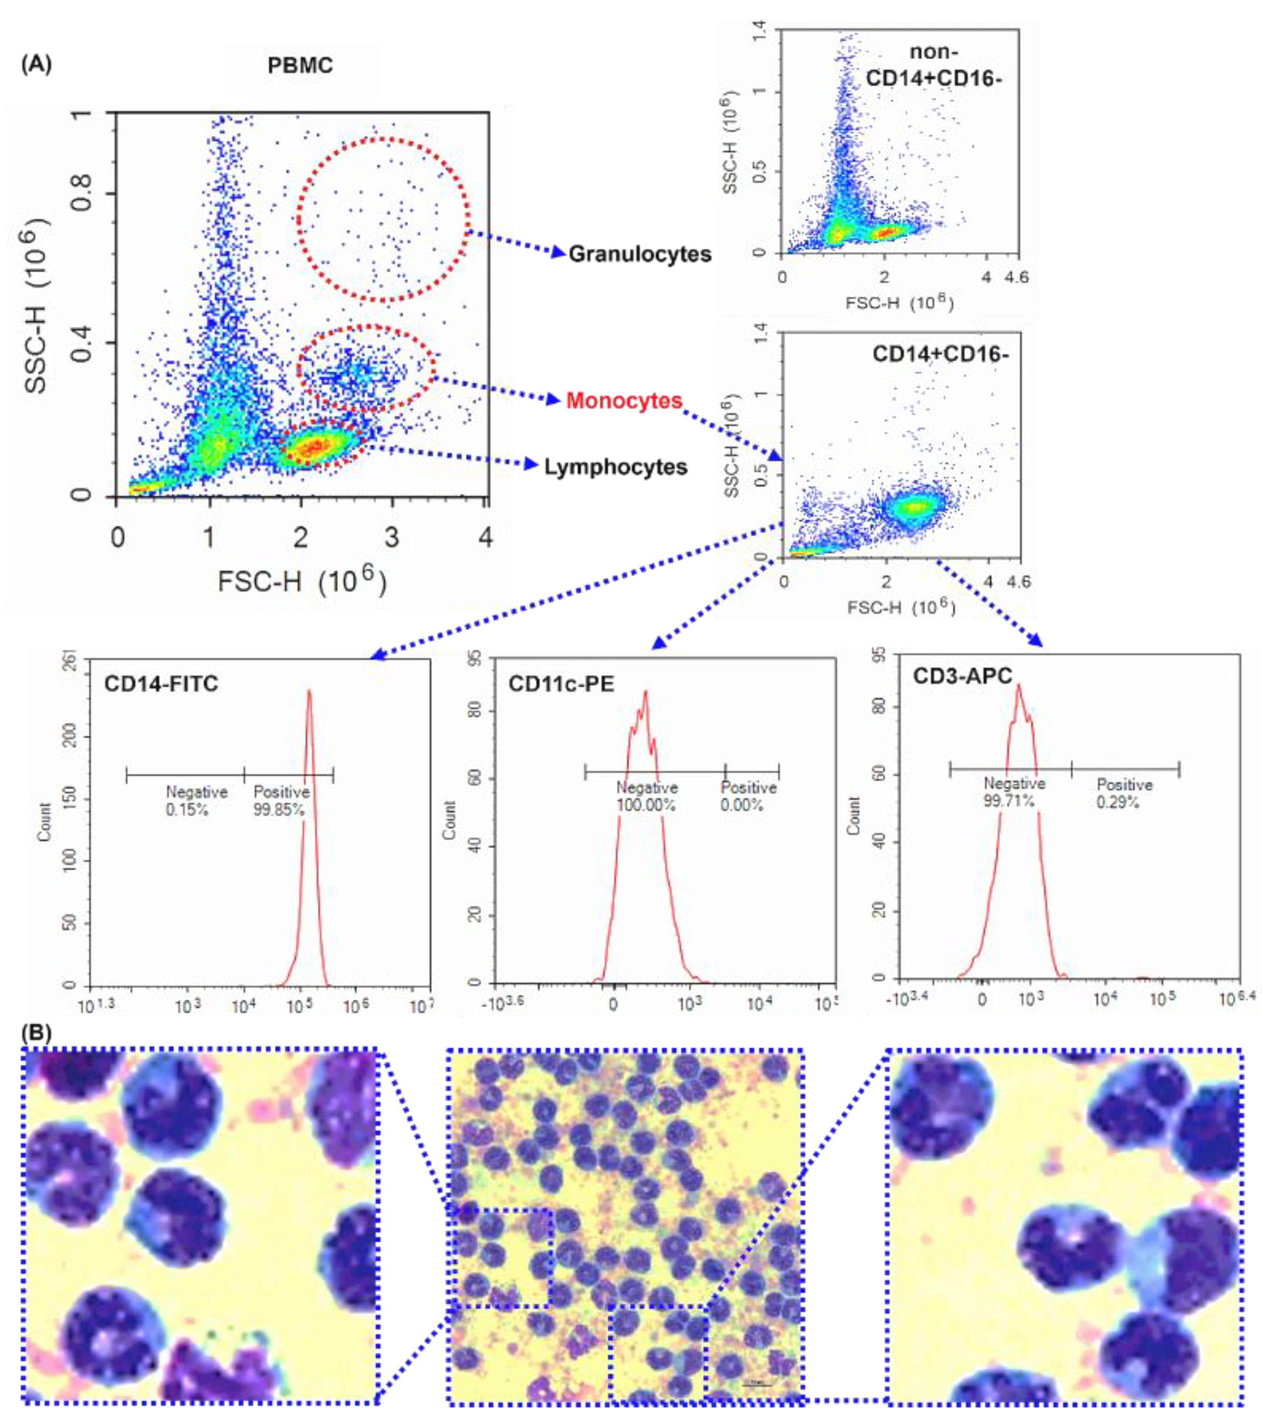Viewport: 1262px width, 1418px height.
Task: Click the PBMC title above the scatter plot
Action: pyautogui.click(x=300, y=66)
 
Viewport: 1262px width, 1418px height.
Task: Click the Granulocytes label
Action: pyautogui.click(x=640, y=255)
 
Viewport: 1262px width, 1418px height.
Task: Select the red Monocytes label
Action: pyautogui.click(x=624, y=400)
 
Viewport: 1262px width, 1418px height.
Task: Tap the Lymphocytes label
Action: pyautogui.click(x=615, y=467)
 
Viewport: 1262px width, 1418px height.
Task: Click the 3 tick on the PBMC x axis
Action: pyautogui.click(x=392, y=537)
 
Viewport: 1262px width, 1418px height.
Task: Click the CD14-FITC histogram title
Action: pyautogui.click(x=161, y=684)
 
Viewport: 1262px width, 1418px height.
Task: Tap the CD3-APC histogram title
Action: pyautogui.click(x=962, y=676)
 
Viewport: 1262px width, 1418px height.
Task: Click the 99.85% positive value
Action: pyautogui.click(x=278, y=810)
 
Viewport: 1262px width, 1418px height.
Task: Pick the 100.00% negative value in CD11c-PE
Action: pyautogui.click(x=645, y=806)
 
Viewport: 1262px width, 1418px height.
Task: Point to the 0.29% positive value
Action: pyautogui.click(x=1117, y=803)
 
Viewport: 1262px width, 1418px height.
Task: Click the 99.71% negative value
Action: pyautogui.click(x=1009, y=801)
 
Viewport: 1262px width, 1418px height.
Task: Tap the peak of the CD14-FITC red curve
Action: pyautogui.click(x=309, y=691)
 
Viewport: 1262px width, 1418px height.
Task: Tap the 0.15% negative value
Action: pyautogui.click(x=187, y=810)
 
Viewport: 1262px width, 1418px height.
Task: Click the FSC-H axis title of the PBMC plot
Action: pyautogui.click(x=301, y=580)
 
